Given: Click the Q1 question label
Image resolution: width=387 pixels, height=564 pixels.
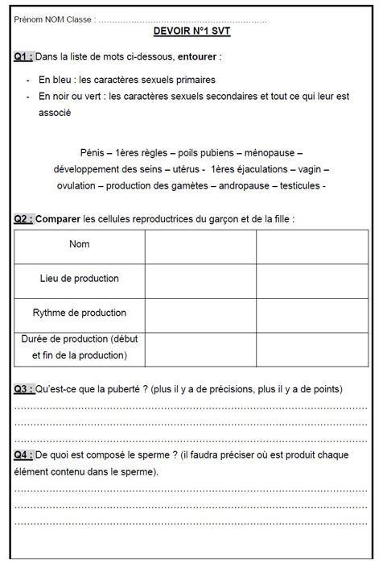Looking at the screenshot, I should [23, 56].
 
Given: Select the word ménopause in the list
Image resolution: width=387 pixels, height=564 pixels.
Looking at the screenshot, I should [278, 152].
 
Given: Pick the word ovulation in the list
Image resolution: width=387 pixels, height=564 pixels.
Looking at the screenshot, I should [76, 186].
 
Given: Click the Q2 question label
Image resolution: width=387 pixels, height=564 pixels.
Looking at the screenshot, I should [23, 218].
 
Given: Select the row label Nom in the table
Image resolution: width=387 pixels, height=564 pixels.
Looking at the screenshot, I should [80, 244].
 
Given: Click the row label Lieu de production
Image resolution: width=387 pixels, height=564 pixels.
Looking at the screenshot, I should [80, 279].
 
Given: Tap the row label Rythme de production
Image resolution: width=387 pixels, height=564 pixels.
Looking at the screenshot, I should [80, 313].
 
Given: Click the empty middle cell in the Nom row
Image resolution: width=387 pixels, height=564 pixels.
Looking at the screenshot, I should [200, 247].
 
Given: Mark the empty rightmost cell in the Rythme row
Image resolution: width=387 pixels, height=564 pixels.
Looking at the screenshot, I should [312, 315].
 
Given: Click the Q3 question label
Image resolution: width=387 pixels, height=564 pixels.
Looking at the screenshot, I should [23, 389].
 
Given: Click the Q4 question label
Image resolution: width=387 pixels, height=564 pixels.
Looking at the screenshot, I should [23, 455].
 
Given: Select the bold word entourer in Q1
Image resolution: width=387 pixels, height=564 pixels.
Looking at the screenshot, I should [197, 57].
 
